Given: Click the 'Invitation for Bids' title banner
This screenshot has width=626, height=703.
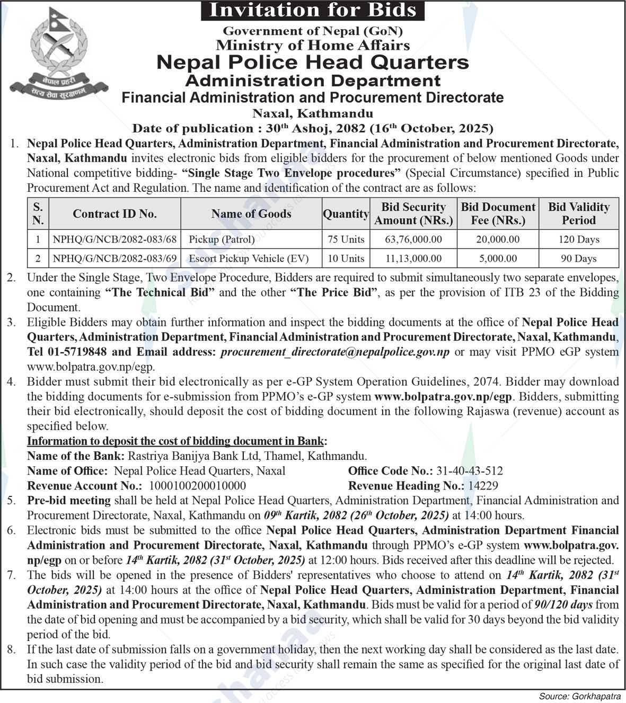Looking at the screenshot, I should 313,11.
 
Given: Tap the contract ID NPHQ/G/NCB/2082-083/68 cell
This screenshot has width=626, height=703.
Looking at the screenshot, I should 114,239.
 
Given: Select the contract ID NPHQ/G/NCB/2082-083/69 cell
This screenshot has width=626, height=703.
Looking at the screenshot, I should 114,259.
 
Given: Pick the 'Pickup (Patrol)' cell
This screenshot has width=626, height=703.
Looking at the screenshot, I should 222,239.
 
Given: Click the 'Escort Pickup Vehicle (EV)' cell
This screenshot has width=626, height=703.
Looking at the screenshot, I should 249,259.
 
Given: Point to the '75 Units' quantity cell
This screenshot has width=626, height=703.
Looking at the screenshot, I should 346,239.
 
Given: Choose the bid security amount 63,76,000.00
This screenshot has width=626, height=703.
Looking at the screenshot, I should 413,239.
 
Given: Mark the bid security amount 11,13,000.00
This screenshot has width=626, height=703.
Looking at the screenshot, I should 413,259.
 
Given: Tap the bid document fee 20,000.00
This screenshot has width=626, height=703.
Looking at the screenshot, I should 498,239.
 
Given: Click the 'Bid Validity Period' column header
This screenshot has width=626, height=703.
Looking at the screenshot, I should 578,213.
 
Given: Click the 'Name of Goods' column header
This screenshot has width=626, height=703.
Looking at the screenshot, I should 251,213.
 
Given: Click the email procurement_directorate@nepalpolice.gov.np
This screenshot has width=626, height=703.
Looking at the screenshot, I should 335,352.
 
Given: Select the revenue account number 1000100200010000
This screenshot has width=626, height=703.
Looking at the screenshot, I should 198,486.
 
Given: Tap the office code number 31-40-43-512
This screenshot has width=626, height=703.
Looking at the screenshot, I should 469,471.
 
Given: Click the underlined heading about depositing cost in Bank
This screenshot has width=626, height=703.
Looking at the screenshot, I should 177,441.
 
